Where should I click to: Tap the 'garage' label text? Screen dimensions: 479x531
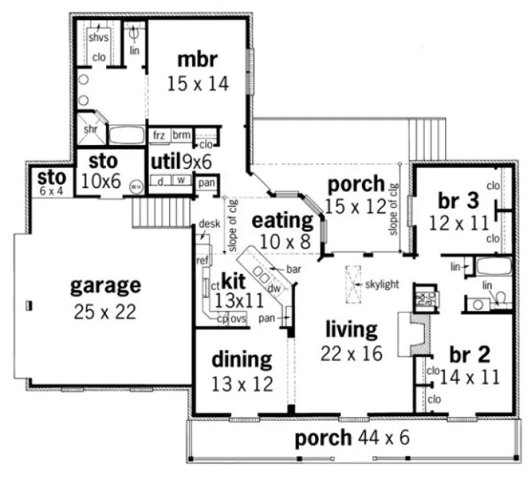pyautogui.click(x=105, y=286)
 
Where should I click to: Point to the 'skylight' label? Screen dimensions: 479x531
pyautogui.click(x=382, y=284)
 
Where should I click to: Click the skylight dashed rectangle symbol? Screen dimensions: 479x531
pyautogui.click(x=354, y=284)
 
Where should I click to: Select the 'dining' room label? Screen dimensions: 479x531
pyautogui.click(x=242, y=359)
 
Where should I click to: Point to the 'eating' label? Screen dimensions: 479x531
pyautogui.click(x=282, y=219)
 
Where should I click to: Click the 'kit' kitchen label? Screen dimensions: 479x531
pyautogui.click(x=234, y=279)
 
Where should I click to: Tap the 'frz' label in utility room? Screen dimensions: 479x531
pyautogui.click(x=158, y=135)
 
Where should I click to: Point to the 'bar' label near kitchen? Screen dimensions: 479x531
pyautogui.click(x=293, y=268)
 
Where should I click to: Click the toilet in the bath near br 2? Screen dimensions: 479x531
pyautogui.click(x=500, y=298)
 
